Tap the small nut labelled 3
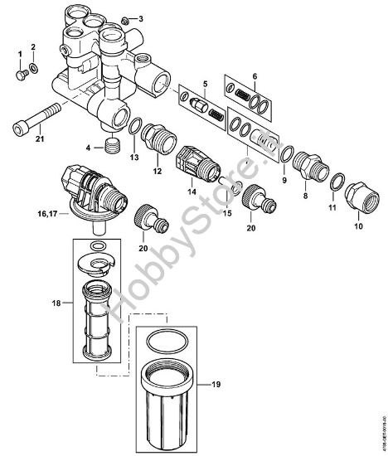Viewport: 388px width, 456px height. coord(124,19)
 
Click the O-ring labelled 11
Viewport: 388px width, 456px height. coord(337,182)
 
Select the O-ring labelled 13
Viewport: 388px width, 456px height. coord(133,125)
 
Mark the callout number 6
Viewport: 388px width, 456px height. coord(255,75)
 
